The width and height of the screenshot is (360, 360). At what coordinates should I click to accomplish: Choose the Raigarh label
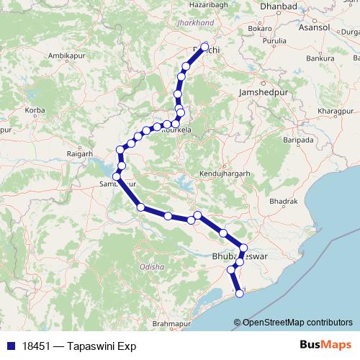click(x=79, y=153)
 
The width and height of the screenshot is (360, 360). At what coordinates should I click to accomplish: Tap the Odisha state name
click(x=153, y=266)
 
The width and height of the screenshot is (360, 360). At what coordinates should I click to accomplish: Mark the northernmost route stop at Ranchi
click(x=204, y=48)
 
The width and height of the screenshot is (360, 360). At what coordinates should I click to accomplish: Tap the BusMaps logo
click(x=325, y=345)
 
